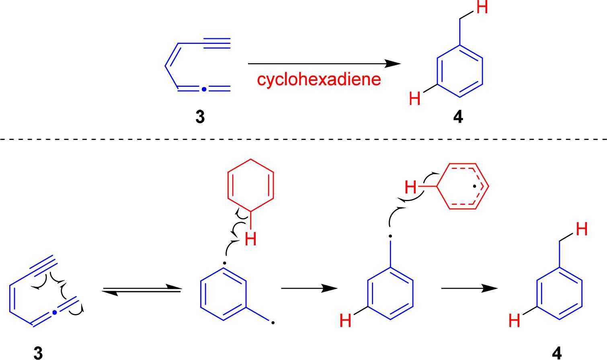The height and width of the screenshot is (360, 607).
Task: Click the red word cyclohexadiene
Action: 319,80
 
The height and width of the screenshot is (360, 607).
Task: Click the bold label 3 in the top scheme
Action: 200,117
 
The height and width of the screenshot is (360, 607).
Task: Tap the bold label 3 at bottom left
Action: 38,353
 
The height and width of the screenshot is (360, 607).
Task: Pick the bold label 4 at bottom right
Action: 557,353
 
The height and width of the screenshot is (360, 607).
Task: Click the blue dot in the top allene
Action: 204,89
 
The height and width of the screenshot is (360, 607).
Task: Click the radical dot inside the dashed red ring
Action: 475,186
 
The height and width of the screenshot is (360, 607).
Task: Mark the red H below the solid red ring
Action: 250,240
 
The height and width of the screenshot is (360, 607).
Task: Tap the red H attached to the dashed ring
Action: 410,187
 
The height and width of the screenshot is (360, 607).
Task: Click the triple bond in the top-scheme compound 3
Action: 217,43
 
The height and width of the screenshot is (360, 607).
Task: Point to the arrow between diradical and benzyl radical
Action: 309,288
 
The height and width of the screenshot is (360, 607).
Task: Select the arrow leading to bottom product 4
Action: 469,288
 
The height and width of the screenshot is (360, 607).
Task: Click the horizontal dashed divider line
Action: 303,139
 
